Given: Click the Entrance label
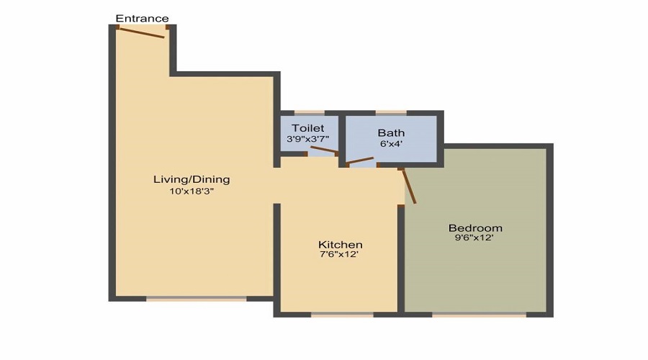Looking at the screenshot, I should (x=142, y=18).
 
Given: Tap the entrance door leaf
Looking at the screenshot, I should (x=142, y=32).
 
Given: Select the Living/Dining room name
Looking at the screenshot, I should (x=192, y=179).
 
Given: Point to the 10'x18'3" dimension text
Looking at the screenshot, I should (x=192, y=192).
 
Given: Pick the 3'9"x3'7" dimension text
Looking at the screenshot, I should (x=307, y=139).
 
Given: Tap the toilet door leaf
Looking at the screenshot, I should (x=323, y=150).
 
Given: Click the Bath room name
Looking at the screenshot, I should (x=391, y=132).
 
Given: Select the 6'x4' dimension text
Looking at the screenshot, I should (x=391, y=144).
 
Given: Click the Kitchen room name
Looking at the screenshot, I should (x=341, y=245).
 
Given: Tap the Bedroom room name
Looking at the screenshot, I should (x=474, y=228).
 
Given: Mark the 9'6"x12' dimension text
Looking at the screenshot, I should (x=474, y=238).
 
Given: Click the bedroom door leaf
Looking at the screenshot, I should (x=408, y=186).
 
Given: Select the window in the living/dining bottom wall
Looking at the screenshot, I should (x=196, y=298).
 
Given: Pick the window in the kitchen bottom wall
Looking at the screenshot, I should (x=342, y=314).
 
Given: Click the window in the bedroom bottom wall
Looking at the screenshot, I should (x=479, y=314).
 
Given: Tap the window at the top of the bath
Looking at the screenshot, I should (x=391, y=112).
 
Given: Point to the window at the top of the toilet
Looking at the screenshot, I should (x=305, y=112).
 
